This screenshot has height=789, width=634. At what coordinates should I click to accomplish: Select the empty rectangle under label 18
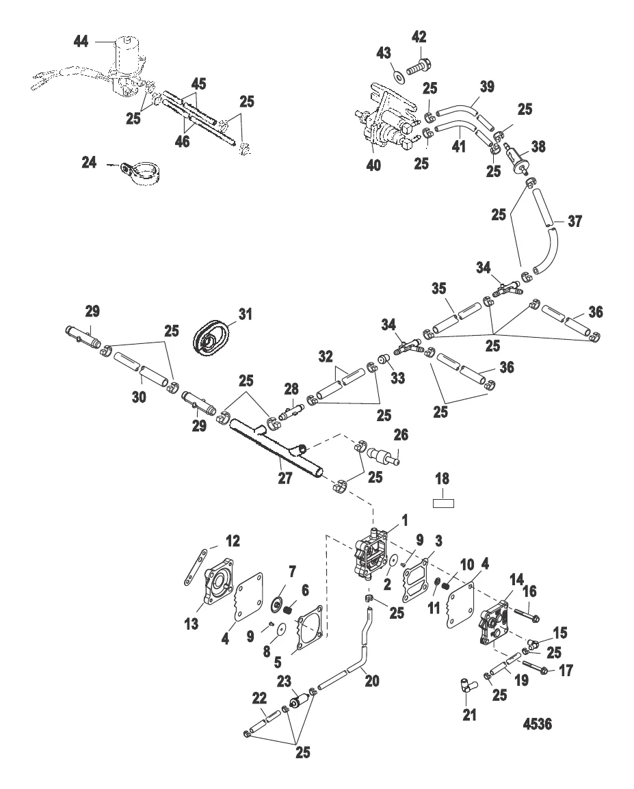click(x=445, y=504)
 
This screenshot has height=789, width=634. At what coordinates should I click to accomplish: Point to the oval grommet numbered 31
click(x=213, y=338)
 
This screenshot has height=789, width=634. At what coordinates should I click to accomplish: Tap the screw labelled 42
click(x=419, y=69)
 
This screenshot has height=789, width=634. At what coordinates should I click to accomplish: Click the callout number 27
click(x=285, y=479)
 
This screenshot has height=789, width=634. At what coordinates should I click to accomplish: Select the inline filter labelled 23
click(x=298, y=702)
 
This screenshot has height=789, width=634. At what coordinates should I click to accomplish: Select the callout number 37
click(x=574, y=223)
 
